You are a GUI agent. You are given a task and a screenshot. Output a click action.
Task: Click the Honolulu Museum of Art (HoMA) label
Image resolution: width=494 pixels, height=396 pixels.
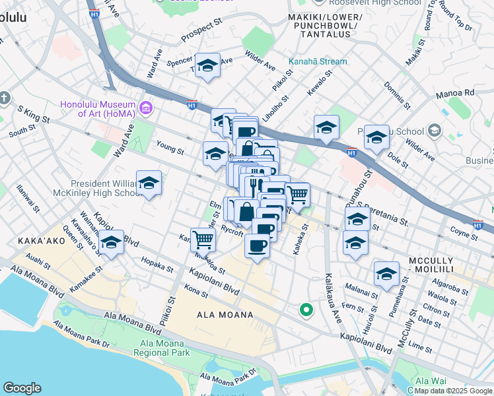(x=97, y=109)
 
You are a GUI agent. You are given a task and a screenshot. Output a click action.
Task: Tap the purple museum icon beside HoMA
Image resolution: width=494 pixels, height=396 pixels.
(x=146, y=107)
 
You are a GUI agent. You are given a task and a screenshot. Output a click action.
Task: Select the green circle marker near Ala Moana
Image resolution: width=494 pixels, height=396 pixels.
(x=306, y=309)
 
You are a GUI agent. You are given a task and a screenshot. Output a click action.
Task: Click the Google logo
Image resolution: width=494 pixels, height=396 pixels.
(x=22, y=388)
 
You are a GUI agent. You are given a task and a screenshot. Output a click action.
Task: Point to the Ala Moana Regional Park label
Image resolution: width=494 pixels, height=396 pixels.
(x=164, y=348)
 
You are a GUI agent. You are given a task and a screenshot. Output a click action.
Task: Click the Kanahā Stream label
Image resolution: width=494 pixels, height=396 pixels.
(x=317, y=62)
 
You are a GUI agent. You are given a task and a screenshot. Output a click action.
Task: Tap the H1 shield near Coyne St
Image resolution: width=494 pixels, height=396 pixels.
(x=477, y=225)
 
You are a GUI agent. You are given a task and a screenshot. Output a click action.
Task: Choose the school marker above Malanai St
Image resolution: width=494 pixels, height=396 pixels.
(x=386, y=274)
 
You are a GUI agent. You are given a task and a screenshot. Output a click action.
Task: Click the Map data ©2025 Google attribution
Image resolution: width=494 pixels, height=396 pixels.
(x=453, y=391)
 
